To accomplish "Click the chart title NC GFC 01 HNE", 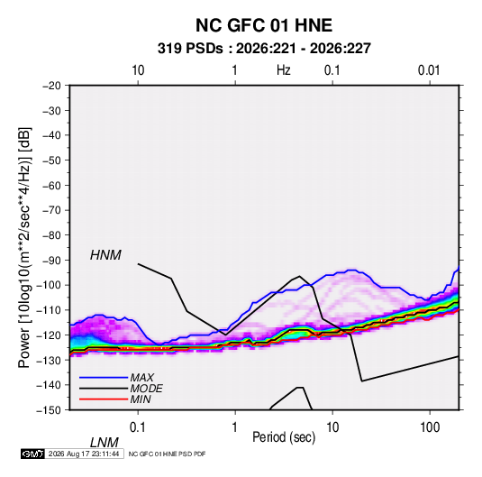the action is (x=264, y=25).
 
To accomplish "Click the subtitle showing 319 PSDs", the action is (x=264, y=49).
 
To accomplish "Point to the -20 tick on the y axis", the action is (x=51, y=86).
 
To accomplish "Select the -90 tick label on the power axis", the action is (x=51, y=261).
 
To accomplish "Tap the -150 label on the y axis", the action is (x=49, y=410).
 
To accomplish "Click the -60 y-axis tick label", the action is (x=51, y=186).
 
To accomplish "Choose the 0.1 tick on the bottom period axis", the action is (x=138, y=427).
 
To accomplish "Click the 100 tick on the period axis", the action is (x=430, y=427).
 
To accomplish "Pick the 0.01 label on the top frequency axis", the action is (x=429, y=70).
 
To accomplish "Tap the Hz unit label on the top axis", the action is (x=284, y=70).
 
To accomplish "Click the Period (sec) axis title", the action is (x=284, y=437).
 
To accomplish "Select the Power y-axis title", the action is (x=24, y=247).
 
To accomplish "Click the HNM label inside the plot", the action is (x=105, y=255).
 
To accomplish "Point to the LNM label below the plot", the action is (x=104, y=443).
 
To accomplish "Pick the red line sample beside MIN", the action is (x=104, y=399).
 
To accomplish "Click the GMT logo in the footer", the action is (x=32, y=454).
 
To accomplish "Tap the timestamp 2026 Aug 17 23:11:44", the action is (x=84, y=454).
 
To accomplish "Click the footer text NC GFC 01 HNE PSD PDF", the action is (x=167, y=454).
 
